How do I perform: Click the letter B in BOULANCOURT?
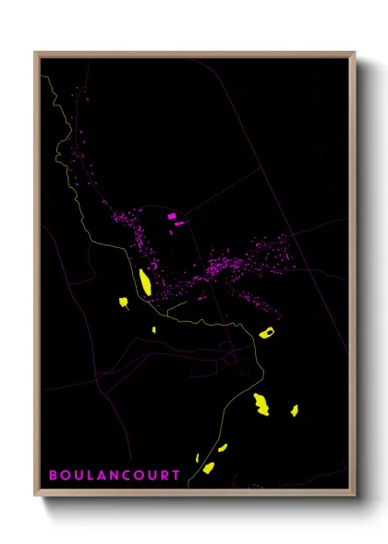point(53,475)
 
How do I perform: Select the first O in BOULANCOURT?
point(66,475)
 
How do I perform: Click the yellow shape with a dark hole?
point(268,332)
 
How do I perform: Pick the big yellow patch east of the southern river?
point(261,404)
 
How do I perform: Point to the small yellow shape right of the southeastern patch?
point(295,410)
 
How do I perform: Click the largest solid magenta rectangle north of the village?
point(172,216)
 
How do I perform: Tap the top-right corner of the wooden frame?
point(355,53)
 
